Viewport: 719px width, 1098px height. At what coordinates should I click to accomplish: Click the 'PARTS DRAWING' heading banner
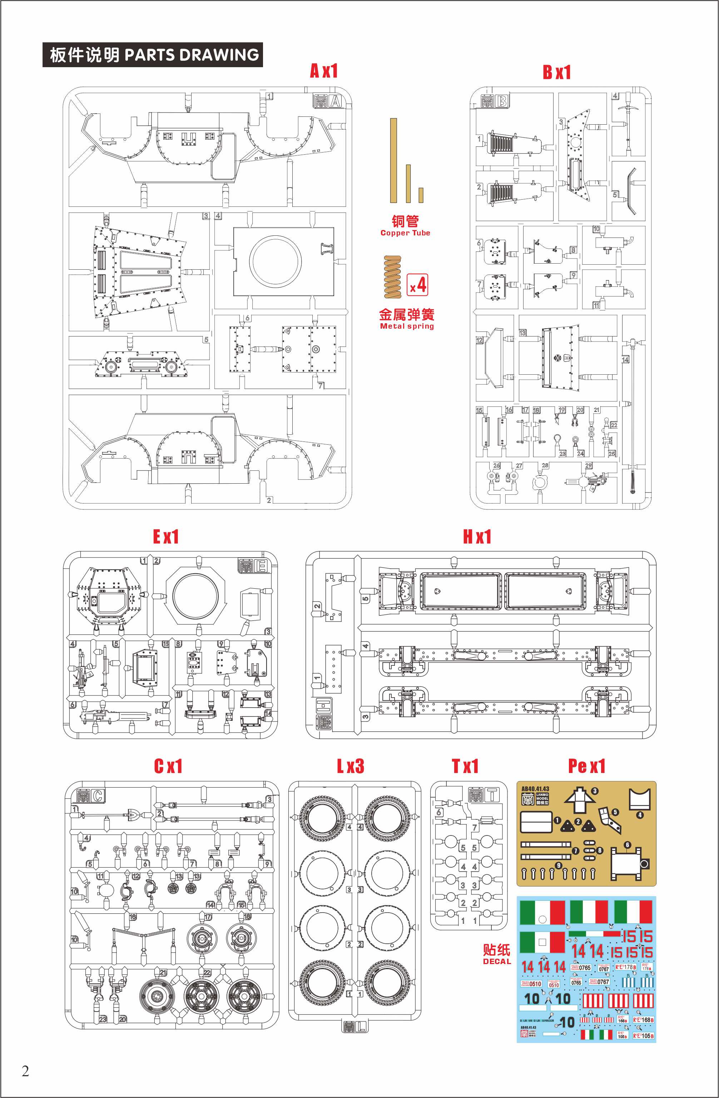click(x=153, y=55)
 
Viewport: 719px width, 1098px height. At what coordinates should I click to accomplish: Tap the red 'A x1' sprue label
click(x=324, y=71)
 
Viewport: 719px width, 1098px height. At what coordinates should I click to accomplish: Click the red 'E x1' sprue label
click(x=166, y=536)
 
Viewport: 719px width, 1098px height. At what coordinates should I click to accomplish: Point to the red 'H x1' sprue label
click(x=477, y=536)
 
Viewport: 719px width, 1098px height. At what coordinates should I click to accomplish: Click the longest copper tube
click(x=393, y=160)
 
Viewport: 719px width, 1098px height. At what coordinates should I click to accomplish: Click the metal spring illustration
click(x=393, y=277)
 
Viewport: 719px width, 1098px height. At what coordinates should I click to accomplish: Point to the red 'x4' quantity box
click(x=418, y=285)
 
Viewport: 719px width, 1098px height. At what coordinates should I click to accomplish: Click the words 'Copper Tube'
click(x=405, y=233)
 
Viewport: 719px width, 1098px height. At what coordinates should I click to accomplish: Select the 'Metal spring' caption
click(x=407, y=326)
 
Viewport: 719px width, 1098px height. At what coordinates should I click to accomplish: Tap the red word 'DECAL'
click(x=497, y=962)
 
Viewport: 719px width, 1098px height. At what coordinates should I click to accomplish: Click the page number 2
click(x=25, y=1071)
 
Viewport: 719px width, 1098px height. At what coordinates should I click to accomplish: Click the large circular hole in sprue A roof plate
click(x=276, y=261)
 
